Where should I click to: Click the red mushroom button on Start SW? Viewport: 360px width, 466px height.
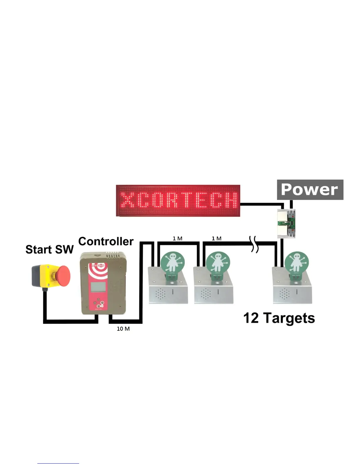(62, 276)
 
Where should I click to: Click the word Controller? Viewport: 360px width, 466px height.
(106, 242)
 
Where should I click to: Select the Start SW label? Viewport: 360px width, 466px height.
(49, 249)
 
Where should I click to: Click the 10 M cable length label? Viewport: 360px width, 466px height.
(123, 329)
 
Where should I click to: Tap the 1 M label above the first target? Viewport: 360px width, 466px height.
(177, 238)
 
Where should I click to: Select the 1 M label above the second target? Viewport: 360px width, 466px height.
(216, 238)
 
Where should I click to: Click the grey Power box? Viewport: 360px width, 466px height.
(310, 190)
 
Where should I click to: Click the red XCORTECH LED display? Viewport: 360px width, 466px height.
(178, 201)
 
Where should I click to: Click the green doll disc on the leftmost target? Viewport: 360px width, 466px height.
(173, 262)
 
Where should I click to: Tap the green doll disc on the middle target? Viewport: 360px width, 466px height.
(218, 262)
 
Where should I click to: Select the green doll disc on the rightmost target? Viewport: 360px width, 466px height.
(297, 262)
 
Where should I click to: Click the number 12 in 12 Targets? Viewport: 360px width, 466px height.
(251, 318)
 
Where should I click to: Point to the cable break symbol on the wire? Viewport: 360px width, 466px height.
(254, 244)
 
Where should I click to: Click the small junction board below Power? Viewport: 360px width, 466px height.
(286, 224)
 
